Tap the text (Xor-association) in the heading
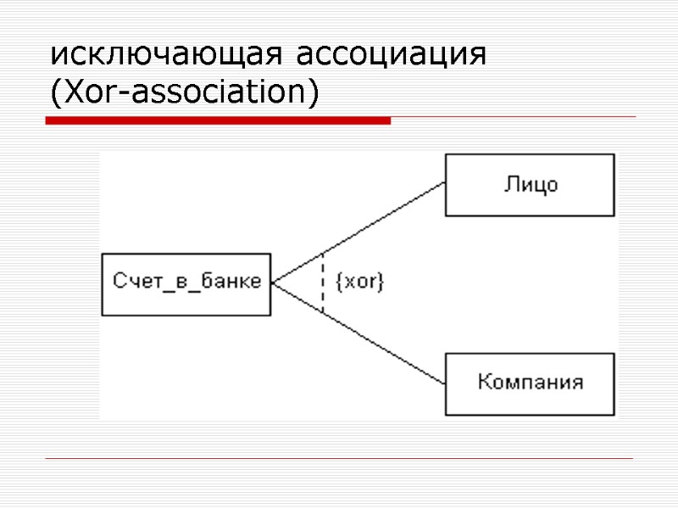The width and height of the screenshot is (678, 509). [184, 92]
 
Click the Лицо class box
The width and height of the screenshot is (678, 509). [531, 185]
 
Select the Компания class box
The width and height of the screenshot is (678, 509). [531, 383]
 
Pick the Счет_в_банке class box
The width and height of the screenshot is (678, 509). [186, 284]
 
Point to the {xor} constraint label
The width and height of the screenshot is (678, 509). [360, 282]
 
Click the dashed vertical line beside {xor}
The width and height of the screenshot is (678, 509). [323, 283]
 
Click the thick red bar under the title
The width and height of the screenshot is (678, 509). [218, 121]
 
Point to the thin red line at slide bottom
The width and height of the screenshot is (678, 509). [339, 459]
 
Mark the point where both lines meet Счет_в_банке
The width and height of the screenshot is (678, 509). [273, 284]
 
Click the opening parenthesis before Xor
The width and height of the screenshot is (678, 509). [55, 92]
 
